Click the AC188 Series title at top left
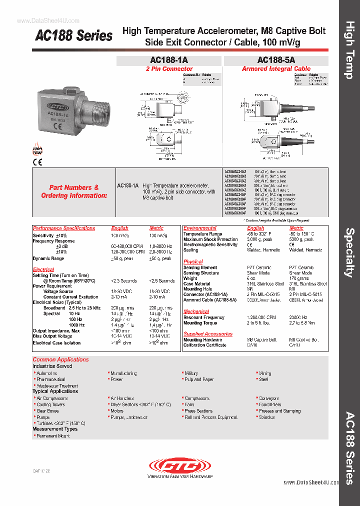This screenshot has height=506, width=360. [73, 36]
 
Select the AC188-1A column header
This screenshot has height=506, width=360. [169, 60]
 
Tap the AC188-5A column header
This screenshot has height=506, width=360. [276, 60]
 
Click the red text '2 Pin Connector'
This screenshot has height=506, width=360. [169, 69]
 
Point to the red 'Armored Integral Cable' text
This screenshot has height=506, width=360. [276, 69]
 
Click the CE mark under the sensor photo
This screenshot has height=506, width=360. [37, 161]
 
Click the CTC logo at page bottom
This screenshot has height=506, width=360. [180, 466]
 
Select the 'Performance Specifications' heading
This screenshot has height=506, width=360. [63, 228]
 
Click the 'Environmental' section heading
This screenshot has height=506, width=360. [199, 228]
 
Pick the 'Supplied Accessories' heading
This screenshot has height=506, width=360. [207, 334]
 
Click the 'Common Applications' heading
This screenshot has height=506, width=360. [60, 359]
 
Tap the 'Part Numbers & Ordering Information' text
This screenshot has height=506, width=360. [74, 191]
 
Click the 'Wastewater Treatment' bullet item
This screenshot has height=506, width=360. [57, 386]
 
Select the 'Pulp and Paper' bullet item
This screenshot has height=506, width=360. [199, 379]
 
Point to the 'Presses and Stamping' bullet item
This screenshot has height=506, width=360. [279, 411]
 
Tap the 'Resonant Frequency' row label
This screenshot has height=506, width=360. [203, 317]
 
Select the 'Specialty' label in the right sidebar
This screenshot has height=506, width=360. [349, 252]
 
